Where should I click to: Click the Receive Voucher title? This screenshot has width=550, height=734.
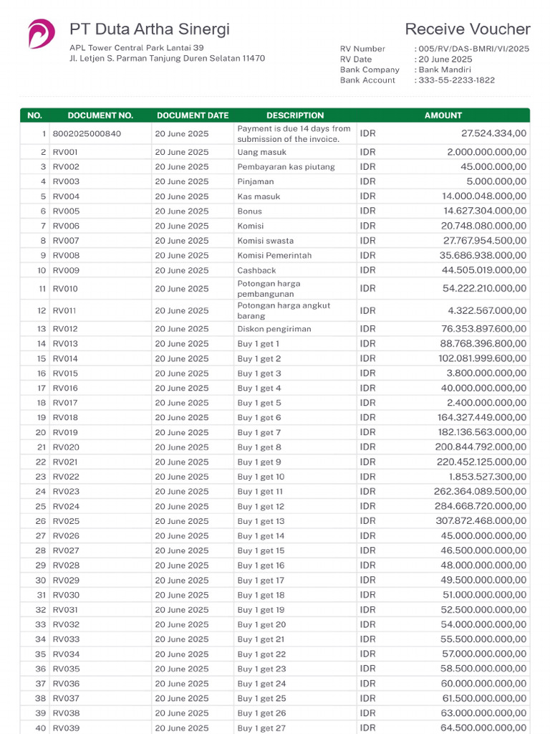coord(468,29)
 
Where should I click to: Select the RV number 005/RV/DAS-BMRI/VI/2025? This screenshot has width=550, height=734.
coord(473,49)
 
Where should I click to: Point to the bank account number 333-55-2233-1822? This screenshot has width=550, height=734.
coord(456,80)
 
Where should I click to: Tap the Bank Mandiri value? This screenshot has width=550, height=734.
coord(445,70)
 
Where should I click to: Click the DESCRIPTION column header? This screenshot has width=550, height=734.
coord(295,115)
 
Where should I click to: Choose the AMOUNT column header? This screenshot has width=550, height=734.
coord(443,115)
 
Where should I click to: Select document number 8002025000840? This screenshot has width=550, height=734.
coord(87,133)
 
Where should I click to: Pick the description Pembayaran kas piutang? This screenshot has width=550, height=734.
coord(276,167)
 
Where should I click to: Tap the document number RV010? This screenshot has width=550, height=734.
coord(65,289)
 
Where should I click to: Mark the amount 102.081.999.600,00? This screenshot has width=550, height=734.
coord(483,358)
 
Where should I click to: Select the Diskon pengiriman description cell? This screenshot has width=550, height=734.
coord(274,329)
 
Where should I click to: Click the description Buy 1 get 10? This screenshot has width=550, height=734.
coord(261,477)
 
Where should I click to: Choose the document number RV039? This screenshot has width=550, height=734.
coord(66,728)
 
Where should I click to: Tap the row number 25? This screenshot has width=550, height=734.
coord(40,507)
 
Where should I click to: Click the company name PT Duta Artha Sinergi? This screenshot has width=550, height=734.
coord(150,29)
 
